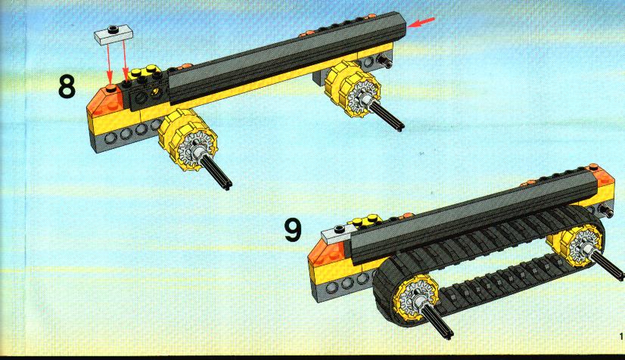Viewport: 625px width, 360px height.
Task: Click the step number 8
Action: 67,87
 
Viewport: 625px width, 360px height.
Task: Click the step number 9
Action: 293,230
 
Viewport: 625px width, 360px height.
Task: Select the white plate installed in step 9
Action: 337,234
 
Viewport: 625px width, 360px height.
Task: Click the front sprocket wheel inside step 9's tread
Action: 415,299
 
